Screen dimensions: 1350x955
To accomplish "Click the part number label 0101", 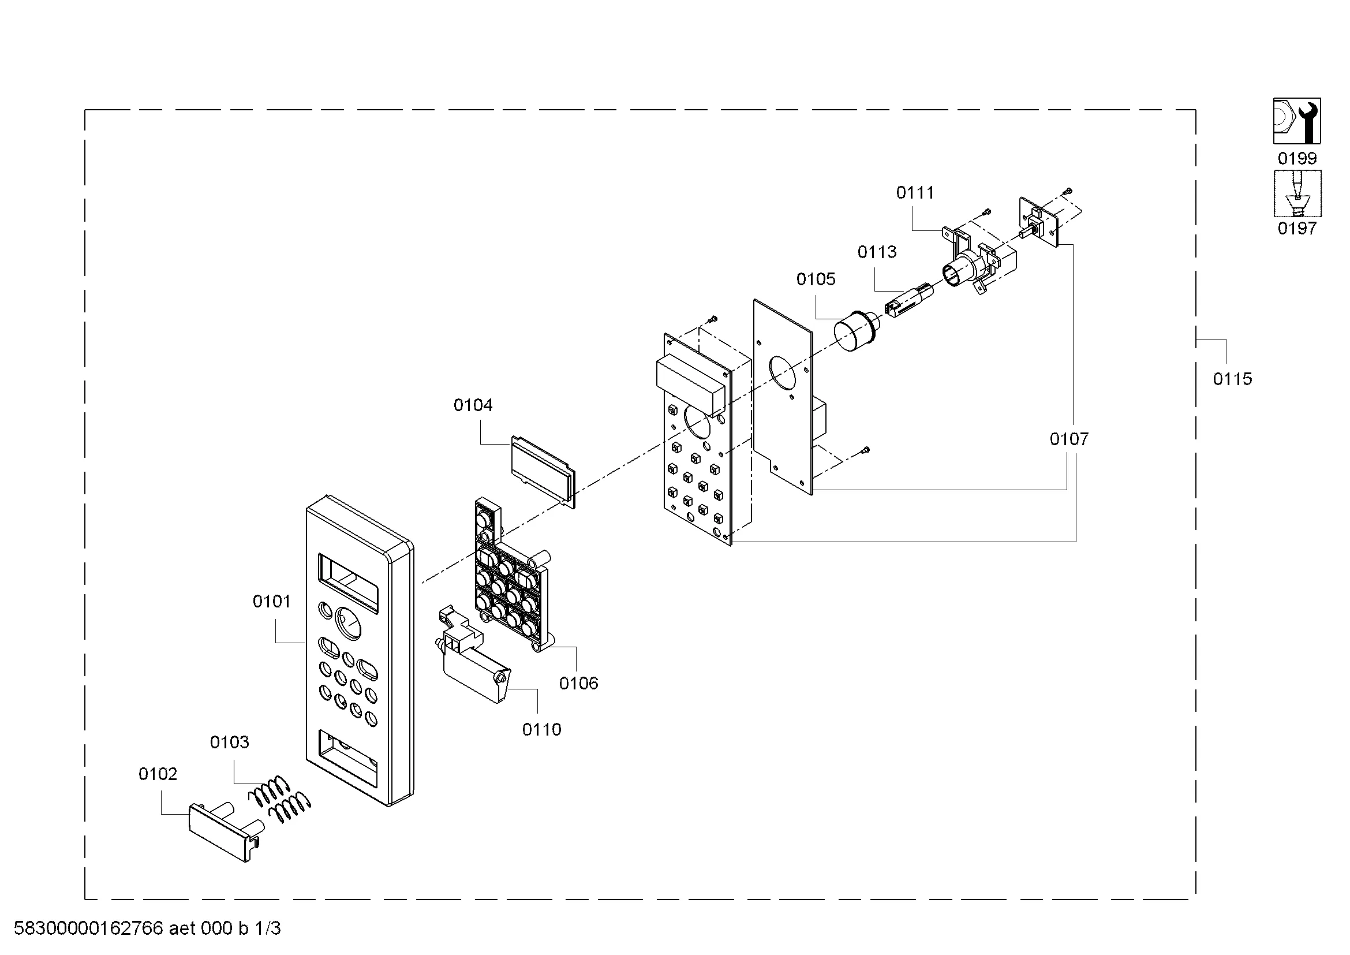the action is pyautogui.click(x=272, y=602).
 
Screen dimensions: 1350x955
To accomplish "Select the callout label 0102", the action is pyautogui.click(x=158, y=774).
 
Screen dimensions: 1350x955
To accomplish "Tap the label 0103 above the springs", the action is pyautogui.click(x=229, y=742).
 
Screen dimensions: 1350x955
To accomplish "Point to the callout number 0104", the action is pyautogui.click(x=473, y=405).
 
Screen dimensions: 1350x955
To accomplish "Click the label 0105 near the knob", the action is pyautogui.click(x=816, y=279).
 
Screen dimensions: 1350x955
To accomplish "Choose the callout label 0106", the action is pyautogui.click(x=578, y=682).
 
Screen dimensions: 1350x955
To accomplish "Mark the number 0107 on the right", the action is pyautogui.click(x=1069, y=439).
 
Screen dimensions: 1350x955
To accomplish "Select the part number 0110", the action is pyautogui.click(x=541, y=729).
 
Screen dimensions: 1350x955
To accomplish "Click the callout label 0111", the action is pyautogui.click(x=915, y=192).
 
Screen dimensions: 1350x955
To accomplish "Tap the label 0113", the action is pyautogui.click(x=877, y=252).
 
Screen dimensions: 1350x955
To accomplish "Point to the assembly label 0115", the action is pyautogui.click(x=1232, y=379).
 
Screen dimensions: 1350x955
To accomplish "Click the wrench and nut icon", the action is pyautogui.click(x=1297, y=121).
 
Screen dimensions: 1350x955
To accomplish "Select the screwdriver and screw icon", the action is pyautogui.click(x=1297, y=193).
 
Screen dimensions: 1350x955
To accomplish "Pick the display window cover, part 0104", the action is pyautogui.click(x=543, y=471).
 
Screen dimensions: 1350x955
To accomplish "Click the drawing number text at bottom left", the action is pyautogui.click(x=147, y=928).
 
